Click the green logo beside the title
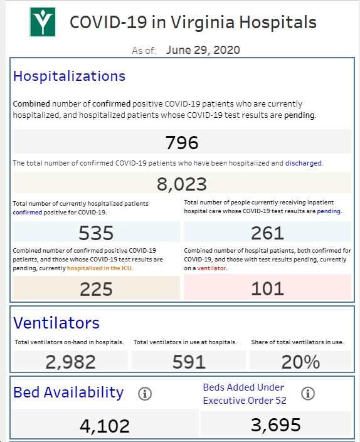point(43,22)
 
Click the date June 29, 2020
point(203,50)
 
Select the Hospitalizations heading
point(69,76)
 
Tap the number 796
point(182,142)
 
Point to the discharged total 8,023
point(182,184)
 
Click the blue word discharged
point(304,163)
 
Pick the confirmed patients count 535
point(96,233)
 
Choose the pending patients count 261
point(268,233)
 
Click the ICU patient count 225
point(96,289)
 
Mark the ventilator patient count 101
point(268,288)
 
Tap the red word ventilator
point(211,268)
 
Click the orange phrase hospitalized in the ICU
point(99,268)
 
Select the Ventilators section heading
point(56,323)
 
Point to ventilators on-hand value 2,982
point(70,362)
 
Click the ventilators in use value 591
point(189,362)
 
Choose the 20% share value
point(300,362)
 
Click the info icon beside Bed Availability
point(145,394)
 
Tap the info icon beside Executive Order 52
point(308,393)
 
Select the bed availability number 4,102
point(105,426)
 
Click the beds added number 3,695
point(276,425)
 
